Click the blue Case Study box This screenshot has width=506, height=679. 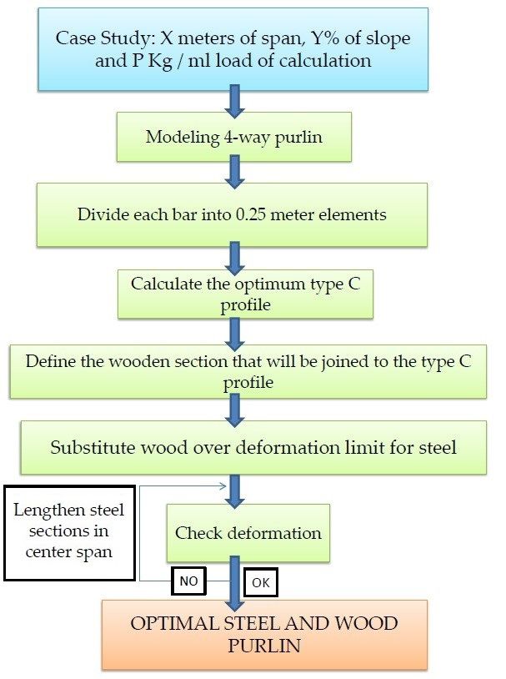(233, 49)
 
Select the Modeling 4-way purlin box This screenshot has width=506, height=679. (233, 137)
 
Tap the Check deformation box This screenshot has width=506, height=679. (248, 533)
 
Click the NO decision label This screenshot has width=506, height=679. (188, 581)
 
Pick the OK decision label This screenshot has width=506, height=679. (261, 582)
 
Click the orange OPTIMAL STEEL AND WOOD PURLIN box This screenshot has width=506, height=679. (264, 635)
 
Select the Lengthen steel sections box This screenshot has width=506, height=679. (69, 533)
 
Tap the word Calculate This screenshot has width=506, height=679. (166, 284)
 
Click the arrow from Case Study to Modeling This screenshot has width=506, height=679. (234, 101)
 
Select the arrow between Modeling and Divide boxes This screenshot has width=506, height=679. (234, 173)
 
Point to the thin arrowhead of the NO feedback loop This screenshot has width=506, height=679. (223, 485)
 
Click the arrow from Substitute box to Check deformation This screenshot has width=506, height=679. (234, 491)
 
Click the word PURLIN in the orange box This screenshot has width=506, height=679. (264, 646)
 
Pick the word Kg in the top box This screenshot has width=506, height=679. (160, 61)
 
